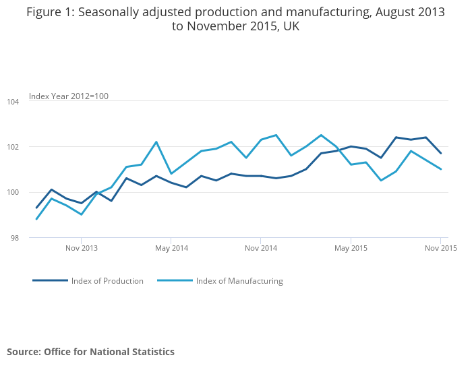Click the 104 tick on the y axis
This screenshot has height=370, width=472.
(x=13, y=101)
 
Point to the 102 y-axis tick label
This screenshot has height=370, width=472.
(x=13, y=147)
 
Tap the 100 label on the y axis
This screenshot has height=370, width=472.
(x=13, y=193)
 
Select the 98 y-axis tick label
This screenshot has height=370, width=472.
(x=15, y=238)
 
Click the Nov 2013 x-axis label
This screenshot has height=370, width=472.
(x=82, y=248)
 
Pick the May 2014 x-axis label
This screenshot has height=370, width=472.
(x=171, y=248)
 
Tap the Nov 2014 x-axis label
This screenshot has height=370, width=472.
(x=261, y=248)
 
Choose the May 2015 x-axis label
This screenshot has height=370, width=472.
(x=351, y=248)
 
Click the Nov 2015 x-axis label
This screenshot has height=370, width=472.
(x=440, y=248)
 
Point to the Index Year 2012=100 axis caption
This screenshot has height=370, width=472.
(x=69, y=96)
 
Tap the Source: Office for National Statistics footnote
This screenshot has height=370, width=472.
(x=91, y=352)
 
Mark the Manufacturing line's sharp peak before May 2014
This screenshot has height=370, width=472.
(x=156, y=142)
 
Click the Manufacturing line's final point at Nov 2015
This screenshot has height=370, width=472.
(x=440, y=169)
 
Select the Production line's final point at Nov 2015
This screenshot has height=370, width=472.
(x=440, y=153)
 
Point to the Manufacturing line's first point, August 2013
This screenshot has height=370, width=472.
(x=36, y=219)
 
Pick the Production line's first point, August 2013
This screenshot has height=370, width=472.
(x=36, y=208)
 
